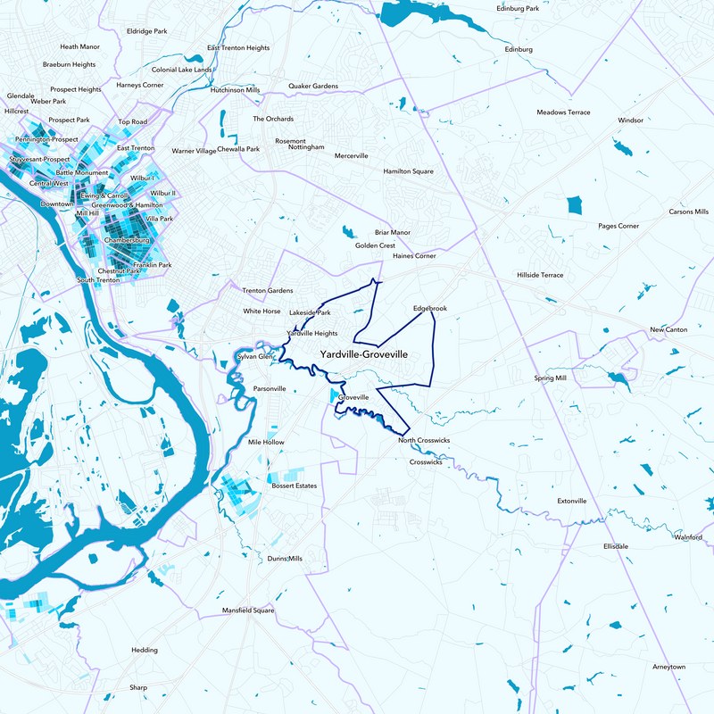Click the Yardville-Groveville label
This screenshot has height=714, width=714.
coord(363,354)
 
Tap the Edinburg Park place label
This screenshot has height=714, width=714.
coord(518,9)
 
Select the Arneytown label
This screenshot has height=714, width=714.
coord(668,667)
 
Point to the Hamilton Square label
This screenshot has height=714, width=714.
coord(408,170)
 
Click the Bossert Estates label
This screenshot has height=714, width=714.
coord(294,486)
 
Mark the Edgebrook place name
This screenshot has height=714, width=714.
coord(430,309)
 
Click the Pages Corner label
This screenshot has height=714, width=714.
coord(619,227)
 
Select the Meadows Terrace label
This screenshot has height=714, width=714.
coord(563,112)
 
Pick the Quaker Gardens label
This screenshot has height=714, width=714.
coord(313,86)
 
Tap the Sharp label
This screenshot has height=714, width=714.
coord(138,687)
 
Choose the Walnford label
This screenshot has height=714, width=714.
coord(688,537)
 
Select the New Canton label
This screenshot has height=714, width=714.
coord(668,329)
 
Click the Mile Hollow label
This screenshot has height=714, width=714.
coord(265,443)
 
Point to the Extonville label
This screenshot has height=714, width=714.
coord(571,501)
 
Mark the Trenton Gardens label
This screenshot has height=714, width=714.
coord(268,290)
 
